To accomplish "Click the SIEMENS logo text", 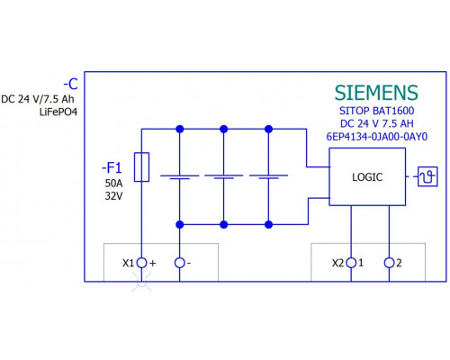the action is [376, 93].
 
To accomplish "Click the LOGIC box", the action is [367, 176].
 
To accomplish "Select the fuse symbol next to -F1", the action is [141, 167].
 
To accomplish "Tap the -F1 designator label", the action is [112, 167].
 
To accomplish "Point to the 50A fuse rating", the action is [113, 183].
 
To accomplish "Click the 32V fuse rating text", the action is [113, 196].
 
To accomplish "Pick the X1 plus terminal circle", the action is [141, 263].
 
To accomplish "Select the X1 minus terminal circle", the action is [179, 263].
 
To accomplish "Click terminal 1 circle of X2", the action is [351, 263].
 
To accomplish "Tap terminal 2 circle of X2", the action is [389, 263].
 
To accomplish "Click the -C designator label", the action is [70, 84].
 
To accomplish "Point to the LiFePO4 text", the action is [58, 112].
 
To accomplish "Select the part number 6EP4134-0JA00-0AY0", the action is [377, 137].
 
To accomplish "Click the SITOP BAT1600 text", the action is [377, 111].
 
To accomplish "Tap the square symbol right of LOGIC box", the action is [427, 176].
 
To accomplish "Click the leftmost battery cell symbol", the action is [179, 177].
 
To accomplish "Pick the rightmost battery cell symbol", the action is [268, 177].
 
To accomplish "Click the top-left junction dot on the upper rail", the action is [180, 129].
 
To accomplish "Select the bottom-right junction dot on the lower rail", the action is [269, 224].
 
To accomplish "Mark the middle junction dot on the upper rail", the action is [224, 129].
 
